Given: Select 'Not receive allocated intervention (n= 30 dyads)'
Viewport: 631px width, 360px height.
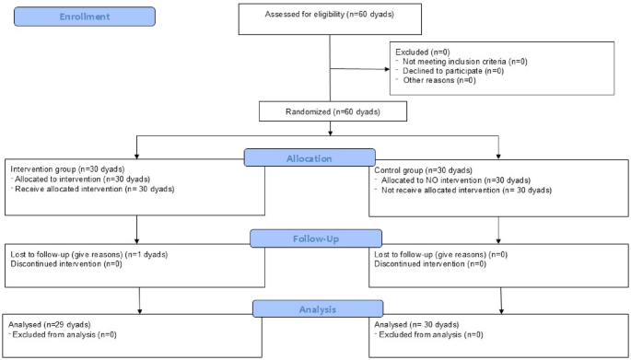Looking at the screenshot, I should (x=464, y=191).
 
